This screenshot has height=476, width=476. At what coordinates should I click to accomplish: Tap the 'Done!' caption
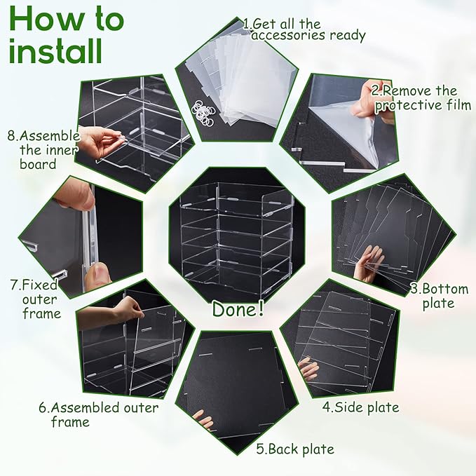click(238, 309)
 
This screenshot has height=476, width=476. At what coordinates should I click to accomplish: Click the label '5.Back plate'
click(295, 449)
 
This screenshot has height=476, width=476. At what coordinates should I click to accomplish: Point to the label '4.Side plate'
click(360, 407)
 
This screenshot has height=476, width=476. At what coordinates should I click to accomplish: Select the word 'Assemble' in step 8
click(50, 136)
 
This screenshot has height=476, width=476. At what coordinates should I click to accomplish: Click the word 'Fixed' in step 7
click(39, 285)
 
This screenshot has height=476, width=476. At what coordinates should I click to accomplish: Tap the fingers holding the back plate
click(203, 419)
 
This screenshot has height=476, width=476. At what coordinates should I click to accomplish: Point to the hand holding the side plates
click(308, 369)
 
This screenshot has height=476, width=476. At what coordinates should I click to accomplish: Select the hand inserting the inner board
click(100, 144)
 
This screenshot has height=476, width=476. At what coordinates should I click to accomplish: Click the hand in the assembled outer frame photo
click(112, 311)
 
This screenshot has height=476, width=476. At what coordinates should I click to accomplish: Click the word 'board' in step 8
click(38, 164)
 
